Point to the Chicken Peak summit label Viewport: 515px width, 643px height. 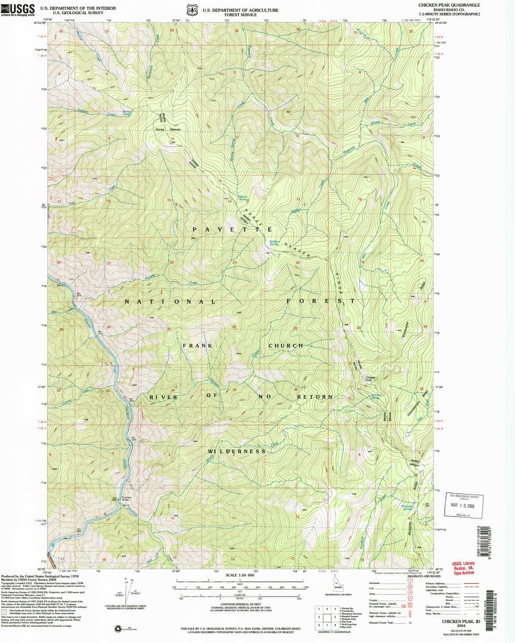tap(370, 379)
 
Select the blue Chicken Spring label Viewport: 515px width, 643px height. tap(376, 396)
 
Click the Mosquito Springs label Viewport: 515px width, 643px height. tap(407, 508)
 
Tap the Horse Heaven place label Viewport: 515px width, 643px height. tap(168, 129)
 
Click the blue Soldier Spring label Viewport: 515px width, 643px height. tap(274, 243)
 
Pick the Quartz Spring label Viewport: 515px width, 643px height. tap(243, 198)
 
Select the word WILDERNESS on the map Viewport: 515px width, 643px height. tap(237, 451)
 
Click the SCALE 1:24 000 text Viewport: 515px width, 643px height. tap(240, 575)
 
